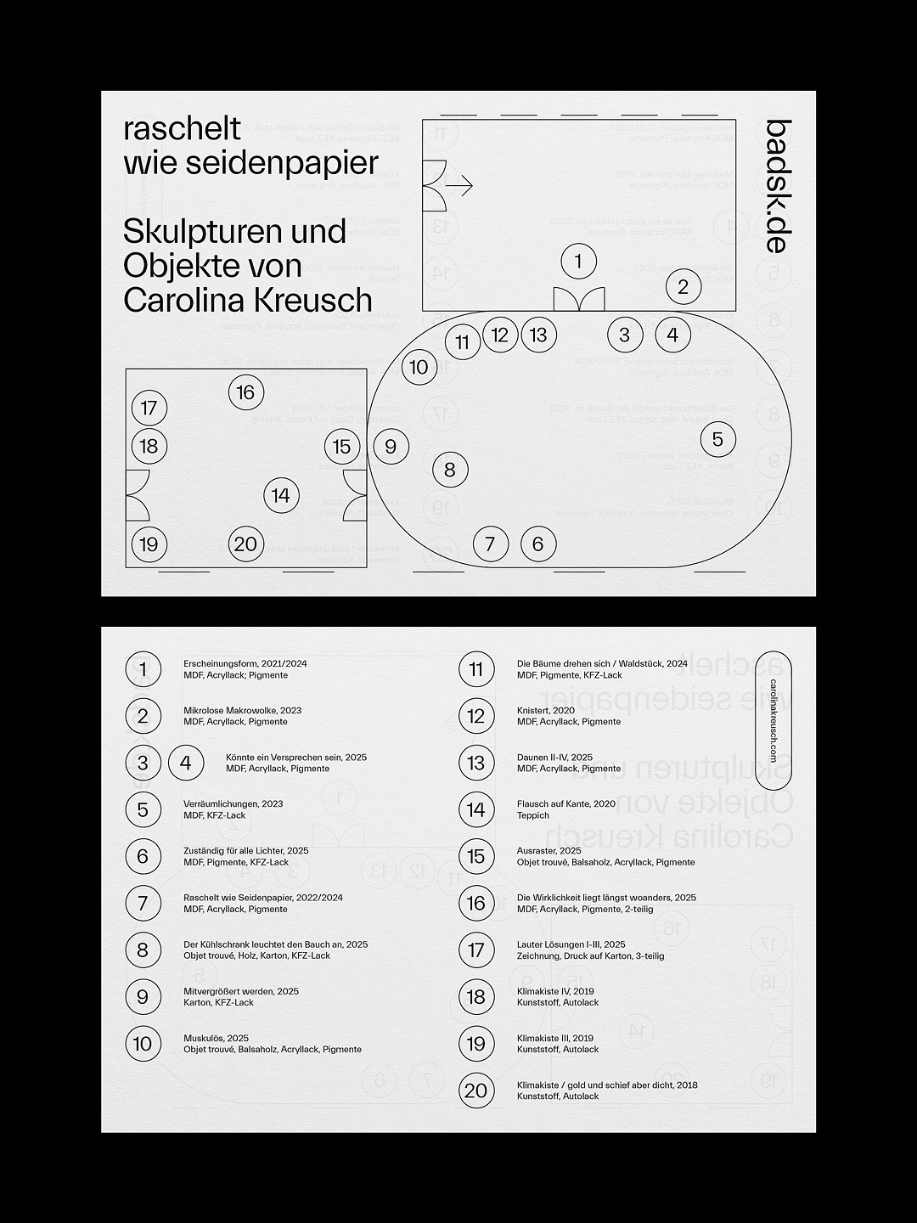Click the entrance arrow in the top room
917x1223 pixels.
click(x=459, y=185)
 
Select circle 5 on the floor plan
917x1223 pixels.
click(x=717, y=439)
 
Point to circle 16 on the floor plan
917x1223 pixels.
click(x=246, y=392)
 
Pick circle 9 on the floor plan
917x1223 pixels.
click(x=391, y=446)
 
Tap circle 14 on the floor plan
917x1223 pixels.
click(x=281, y=495)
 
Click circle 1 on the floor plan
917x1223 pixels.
click(x=579, y=261)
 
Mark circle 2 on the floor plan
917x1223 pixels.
click(x=684, y=287)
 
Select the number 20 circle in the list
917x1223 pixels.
click(x=476, y=1091)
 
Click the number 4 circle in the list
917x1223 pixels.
click(x=186, y=763)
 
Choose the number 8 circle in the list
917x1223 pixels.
click(x=143, y=950)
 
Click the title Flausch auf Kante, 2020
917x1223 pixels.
click(x=566, y=803)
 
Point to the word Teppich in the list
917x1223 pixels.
click(x=533, y=815)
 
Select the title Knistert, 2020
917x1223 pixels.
click(x=546, y=710)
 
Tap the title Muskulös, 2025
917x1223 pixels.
click(x=217, y=1038)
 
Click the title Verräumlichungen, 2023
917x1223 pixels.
click(x=233, y=803)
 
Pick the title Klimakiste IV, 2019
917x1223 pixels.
click(x=555, y=991)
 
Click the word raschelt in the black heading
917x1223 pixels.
click(x=183, y=129)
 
